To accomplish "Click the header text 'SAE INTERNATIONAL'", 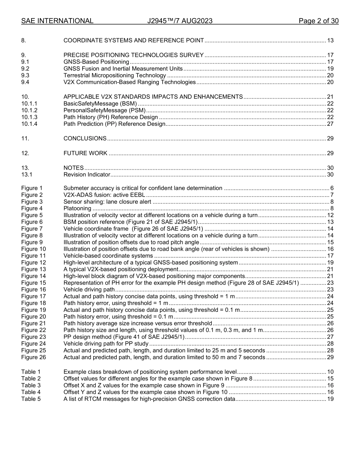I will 57,21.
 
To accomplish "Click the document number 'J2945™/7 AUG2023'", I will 180,21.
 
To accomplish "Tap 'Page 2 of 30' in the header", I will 318,21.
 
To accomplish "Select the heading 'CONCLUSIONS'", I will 85,139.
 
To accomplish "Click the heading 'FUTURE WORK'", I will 85,153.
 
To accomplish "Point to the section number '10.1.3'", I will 29,117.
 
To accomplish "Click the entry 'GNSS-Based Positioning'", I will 96,62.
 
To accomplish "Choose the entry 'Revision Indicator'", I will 87,175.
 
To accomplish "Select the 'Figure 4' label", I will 32,208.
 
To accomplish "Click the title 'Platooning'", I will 77,208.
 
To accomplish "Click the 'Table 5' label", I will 31,399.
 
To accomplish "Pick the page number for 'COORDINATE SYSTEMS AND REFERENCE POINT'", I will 330,41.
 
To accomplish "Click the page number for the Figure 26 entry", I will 330,357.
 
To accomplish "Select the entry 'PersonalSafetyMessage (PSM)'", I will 104,110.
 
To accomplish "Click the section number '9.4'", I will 25,82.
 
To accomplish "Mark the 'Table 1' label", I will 31,372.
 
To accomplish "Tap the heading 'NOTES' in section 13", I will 74,168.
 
